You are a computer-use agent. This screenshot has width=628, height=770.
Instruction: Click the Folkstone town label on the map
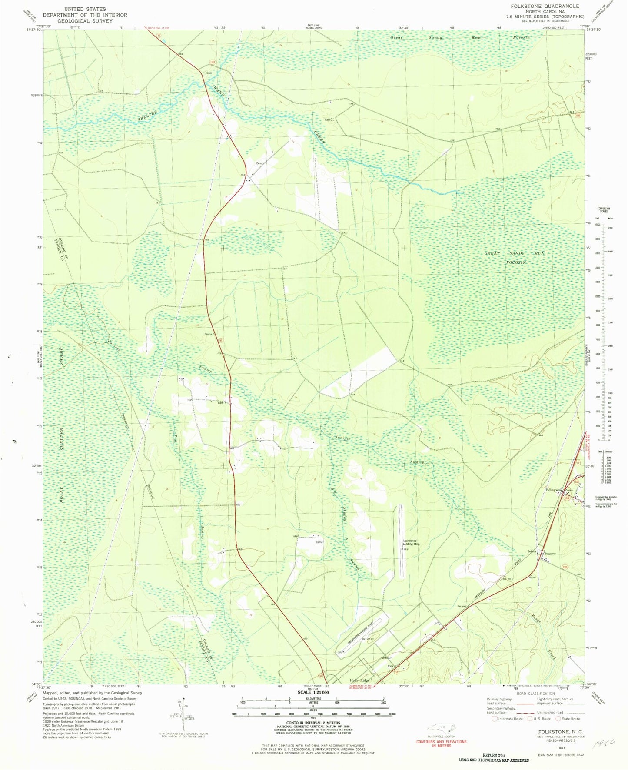pyautogui.click(x=553, y=490)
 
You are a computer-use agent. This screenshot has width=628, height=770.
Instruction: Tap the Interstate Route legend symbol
pyautogui.click(x=495, y=719)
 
